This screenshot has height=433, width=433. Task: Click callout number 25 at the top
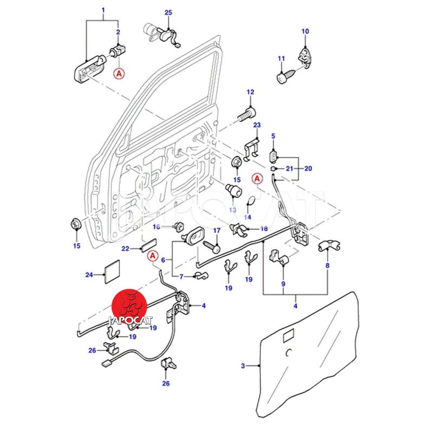pyautogui.click(x=168, y=12)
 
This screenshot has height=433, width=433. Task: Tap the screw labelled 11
pyautogui.click(x=284, y=76)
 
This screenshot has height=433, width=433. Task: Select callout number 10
pyautogui.click(x=305, y=31)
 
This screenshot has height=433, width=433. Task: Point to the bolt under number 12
pyautogui.click(x=247, y=115)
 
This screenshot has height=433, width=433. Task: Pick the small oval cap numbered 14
pyautogui.click(x=250, y=203)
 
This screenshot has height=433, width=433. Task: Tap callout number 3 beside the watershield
pyautogui.click(x=243, y=366)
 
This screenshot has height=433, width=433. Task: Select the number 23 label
pyautogui.click(x=257, y=125)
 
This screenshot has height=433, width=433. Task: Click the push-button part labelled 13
pyautogui.click(x=234, y=191)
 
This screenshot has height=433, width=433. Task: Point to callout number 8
pyautogui.click(x=327, y=266)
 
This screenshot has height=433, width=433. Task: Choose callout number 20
pyautogui.click(x=309, y=168)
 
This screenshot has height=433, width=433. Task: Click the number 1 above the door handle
pyautogui.click(x=103, y=10)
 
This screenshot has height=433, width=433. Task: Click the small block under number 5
pyautogui.click(x=273, y=156)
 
